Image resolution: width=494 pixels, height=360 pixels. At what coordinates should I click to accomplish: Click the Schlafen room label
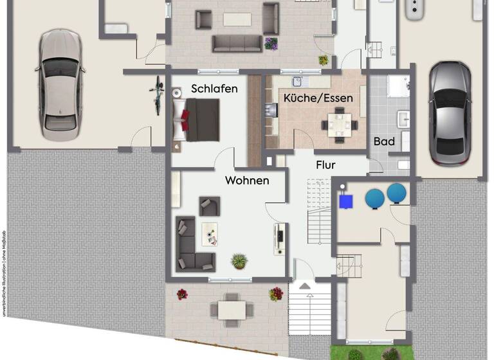[214, 89]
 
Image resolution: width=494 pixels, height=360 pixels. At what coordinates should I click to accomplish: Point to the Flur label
[325, 165]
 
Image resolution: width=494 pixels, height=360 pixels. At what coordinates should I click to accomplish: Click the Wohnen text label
[246, 181]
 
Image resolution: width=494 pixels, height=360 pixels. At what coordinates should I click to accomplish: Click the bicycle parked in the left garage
[157, 95]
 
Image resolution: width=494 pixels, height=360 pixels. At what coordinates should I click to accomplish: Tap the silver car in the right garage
[445, 113]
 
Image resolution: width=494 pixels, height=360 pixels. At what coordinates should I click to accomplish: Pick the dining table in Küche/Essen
[340, 123]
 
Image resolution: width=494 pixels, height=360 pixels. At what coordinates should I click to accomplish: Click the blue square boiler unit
[346, 201]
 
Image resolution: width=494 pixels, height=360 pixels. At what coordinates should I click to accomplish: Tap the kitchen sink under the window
[298, 82]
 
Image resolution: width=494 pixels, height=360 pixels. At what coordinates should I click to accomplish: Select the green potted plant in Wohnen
[239, 261]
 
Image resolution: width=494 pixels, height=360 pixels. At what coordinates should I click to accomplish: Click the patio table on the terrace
[229, 309]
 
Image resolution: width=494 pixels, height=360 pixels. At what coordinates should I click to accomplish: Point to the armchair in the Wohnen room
[209, 206]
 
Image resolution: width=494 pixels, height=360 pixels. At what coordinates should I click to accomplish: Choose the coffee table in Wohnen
[210, 233]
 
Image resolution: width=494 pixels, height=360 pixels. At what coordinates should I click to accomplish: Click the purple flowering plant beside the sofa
[271, 44]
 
